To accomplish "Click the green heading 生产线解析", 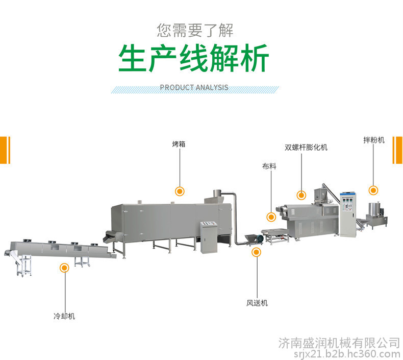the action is pos(193,58).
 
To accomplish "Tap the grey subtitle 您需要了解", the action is pos(195,30).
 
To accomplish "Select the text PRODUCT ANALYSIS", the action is pos(194,87).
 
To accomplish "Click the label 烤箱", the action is pos(179,144).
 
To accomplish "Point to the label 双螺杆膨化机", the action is pos(306,148).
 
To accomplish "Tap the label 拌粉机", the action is pos(374,140).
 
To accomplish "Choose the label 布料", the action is pos(269,166).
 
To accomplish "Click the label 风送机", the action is pos(257,303).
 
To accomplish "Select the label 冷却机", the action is pos(64,316).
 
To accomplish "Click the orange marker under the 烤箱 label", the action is pos(180,191).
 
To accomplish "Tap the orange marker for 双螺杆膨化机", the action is pos(301,195).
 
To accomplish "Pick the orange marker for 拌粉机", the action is pos(373,190).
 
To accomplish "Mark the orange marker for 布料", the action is pos(271,217).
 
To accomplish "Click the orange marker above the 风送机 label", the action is pos(256,252).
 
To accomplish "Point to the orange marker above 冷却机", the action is pos(64,268).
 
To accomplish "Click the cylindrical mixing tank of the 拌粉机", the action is pos(375,209).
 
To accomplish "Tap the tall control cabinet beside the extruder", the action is pos(348,213).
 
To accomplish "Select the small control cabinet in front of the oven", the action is pos(209,236).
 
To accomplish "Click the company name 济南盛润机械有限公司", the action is pos(339,344).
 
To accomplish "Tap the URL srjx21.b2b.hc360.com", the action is pos(347,354).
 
